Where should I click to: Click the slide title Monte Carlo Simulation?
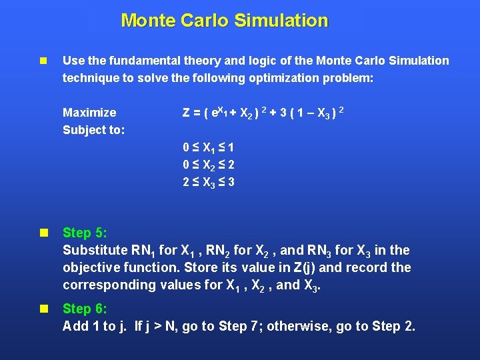(225, 21)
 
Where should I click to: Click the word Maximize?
(89, 113)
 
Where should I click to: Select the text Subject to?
(93, 130)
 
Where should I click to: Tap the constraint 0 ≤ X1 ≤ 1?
(209, 147)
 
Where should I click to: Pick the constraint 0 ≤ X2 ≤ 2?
(209, 165)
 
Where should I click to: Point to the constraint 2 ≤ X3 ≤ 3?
(209, 182)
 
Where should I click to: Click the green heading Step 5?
(85, 233)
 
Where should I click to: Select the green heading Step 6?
(85, 309)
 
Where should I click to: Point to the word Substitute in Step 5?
(94, 250)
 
